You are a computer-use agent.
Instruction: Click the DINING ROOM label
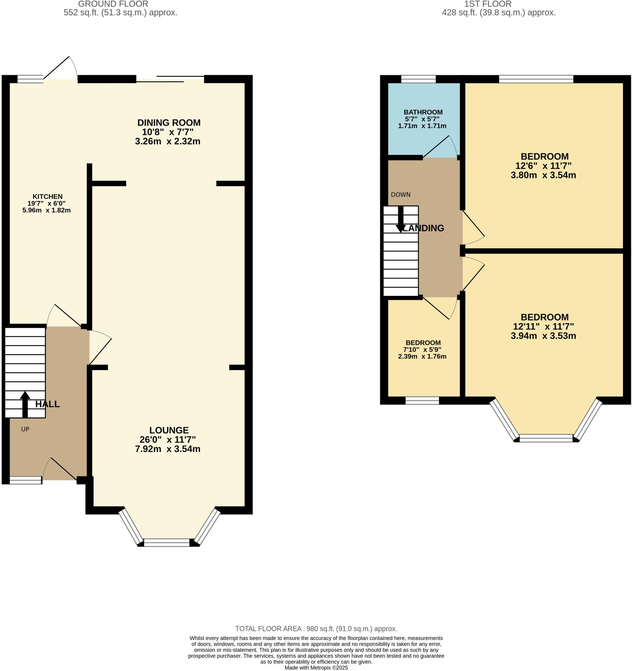click(169, 123)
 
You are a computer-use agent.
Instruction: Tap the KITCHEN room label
click(47, 197)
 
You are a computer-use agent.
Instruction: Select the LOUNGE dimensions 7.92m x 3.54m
click(168, 449)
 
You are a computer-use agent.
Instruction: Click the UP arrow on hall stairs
click(25, 404)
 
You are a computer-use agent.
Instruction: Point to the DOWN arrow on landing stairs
click(400, 219)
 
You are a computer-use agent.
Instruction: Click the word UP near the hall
click(25, 429)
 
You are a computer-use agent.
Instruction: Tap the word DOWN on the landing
click(400, 195)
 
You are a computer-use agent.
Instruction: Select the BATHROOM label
click(423, 112)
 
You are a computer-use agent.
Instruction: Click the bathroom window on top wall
click(418, 79)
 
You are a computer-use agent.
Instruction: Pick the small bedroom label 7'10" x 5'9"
click(423, 350)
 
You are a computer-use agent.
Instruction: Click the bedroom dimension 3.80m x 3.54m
click(543, 175)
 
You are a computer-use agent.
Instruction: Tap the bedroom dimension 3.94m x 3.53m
click(543, 336)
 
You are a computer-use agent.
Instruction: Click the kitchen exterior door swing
click(61, 69)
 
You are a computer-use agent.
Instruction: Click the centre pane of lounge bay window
click(167, 543)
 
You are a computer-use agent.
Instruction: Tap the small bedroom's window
click(422, 401)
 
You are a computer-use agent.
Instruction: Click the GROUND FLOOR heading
click(113, 4)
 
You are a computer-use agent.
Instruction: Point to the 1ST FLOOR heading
click(488, 4)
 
